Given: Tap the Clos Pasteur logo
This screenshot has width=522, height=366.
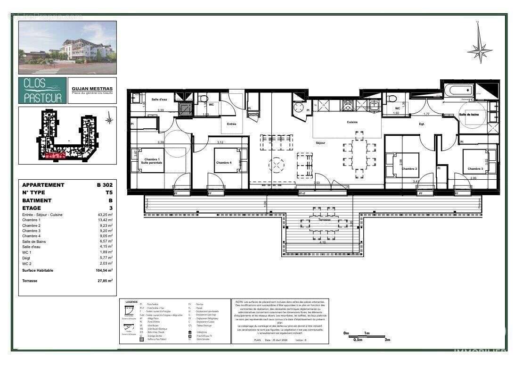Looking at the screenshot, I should (x=43, y=91).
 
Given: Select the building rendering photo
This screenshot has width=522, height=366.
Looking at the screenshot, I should (x=67, y=47).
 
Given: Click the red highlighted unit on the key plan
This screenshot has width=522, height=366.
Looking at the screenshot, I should (x=56, y=155).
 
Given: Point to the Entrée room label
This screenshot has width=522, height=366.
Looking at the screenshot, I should (x=231, y=124).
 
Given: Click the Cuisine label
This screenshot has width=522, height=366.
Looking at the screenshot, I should (x=352, y=122).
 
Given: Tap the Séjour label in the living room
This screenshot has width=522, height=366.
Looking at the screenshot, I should (x=321, y=142).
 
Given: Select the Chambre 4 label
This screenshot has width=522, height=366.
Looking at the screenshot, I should (x=224, y=163).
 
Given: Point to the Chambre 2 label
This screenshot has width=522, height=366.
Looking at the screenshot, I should (x=408, y=168).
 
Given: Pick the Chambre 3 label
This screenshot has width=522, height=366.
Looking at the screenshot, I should (x=475, y=168).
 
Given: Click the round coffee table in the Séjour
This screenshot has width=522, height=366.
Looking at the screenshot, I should (x=277, y=165).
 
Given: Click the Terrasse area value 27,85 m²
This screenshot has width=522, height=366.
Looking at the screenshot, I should (x=104, y=281).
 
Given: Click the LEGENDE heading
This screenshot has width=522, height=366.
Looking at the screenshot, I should (x=131, y=302).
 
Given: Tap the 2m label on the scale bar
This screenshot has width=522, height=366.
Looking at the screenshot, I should (x=387, y=340).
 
